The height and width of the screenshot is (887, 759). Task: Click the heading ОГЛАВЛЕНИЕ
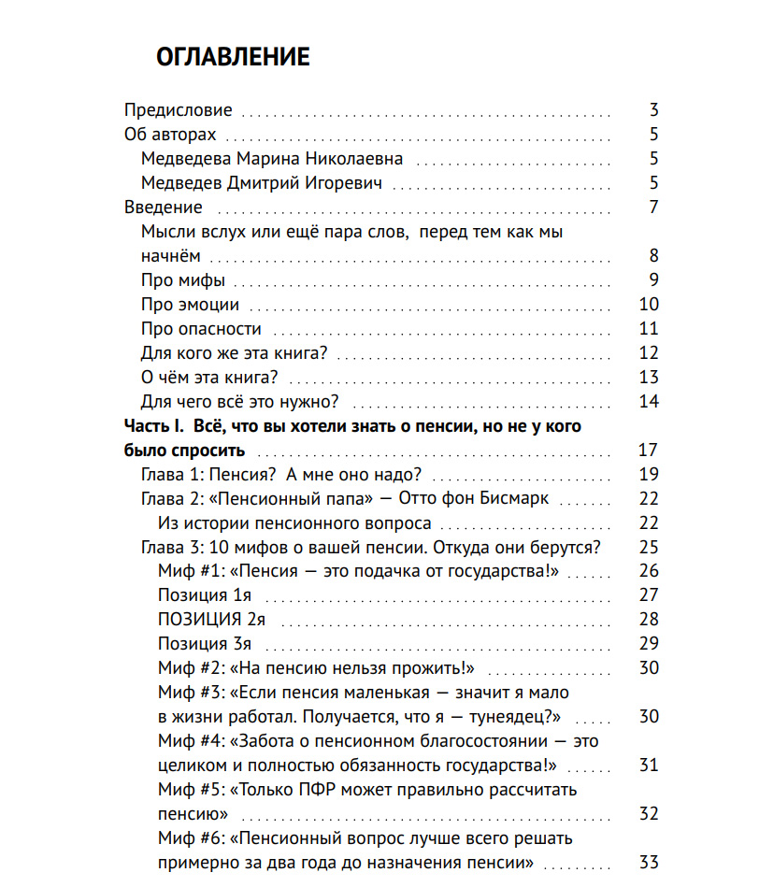pos(233,57)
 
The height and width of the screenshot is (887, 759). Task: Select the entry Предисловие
pos(179,110)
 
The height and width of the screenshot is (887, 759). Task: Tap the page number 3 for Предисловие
pos(654,110)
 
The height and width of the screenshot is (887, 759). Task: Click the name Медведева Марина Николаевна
pos(272,159)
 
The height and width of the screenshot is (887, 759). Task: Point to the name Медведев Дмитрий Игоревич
pos(262,183)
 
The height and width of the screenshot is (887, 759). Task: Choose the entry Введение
pos(164,207)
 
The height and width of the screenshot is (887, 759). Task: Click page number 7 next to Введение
pos(654,207)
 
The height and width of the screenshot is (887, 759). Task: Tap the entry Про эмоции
pos(190,305)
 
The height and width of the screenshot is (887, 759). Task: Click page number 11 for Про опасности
pos(649,329)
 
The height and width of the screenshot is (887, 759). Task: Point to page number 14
pos(649,402)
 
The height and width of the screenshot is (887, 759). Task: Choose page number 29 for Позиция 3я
pos(649,644)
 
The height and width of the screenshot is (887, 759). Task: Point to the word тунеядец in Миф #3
pos(512,717)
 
